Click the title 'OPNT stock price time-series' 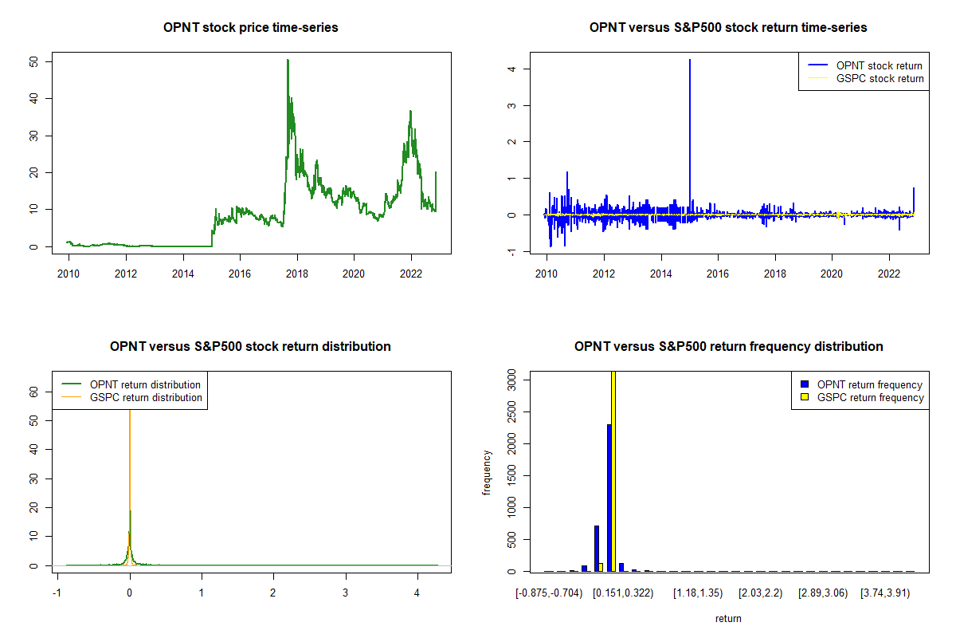[x=250, y=28]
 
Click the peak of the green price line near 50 [x=288, y=61]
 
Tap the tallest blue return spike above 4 [x=689, y=61]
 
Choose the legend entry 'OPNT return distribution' [x=145, y=384]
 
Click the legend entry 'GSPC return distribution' [x=146, y=397]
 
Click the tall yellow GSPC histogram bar [x=613, y=471]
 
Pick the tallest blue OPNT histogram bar [x=609, y=498]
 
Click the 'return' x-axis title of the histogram [x=728, y=618]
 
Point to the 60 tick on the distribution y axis [x=35, y=392]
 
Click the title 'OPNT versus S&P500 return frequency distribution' [x=728, y=347]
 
